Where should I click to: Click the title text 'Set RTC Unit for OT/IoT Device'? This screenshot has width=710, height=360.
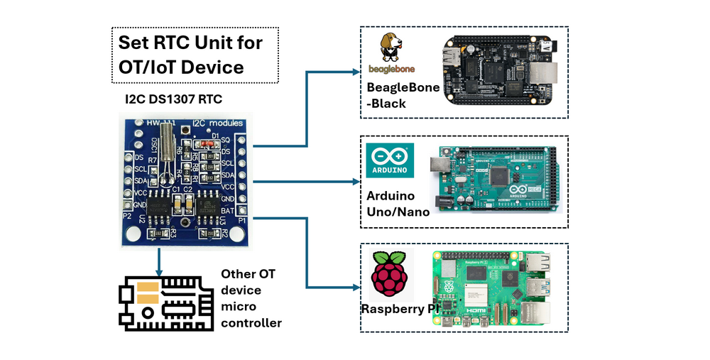pos(190,54)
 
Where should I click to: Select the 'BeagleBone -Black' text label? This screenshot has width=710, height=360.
pos(402,96)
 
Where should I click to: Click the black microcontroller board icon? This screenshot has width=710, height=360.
pos(165,301)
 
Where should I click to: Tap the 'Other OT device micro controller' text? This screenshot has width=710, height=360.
pos(251,298)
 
